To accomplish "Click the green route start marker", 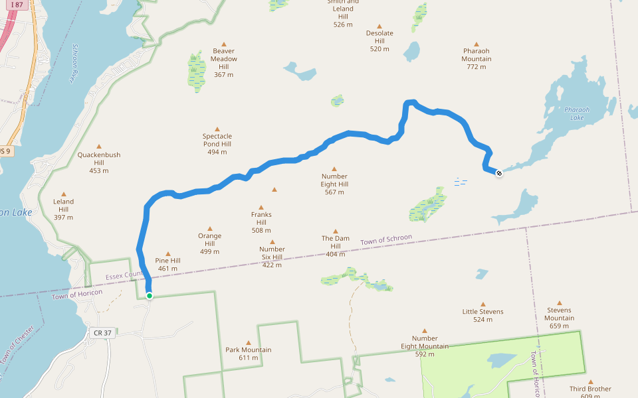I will pos(150,296).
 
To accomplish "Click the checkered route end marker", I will pos(499,173).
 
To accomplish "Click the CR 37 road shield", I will pos(103,333).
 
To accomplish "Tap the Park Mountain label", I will pos(248,354).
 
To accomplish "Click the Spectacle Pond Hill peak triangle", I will pos(217,129).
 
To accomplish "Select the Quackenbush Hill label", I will pos(99,159).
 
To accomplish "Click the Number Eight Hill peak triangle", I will pos(334,169).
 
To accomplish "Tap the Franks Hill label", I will pos(261,218).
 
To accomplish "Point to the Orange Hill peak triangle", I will pos(210,229).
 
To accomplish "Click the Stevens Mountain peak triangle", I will pos(559,302).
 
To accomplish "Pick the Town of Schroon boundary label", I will pos(386,241).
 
